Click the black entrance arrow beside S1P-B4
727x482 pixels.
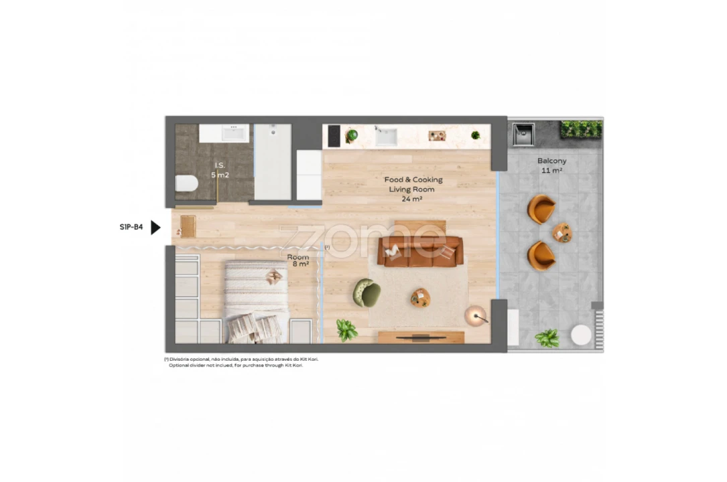(x=155, y=228)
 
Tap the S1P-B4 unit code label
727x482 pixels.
(x=131, y=228)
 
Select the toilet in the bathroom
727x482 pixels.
(x=186, y=183)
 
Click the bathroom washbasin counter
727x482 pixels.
(x=224, y=133)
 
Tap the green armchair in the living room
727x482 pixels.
(x=367, y=293)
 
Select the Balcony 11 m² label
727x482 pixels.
(x=551, y=165)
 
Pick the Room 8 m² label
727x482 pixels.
(x=298, y=260)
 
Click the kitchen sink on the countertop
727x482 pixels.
(x=385, y=137)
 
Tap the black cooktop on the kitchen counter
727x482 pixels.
(x=334, y=136)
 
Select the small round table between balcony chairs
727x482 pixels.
(x=562, y=232)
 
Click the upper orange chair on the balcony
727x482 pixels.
(x=541, y=209)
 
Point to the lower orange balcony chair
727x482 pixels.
(x=541, y=255)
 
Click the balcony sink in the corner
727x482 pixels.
(x=523, y=135)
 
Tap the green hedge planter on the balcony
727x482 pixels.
(x=581, y=129)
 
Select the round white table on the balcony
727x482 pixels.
(x=581, y=335)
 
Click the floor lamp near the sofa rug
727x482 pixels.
(x=476, y=315)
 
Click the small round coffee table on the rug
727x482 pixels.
(x=420, y=298)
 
